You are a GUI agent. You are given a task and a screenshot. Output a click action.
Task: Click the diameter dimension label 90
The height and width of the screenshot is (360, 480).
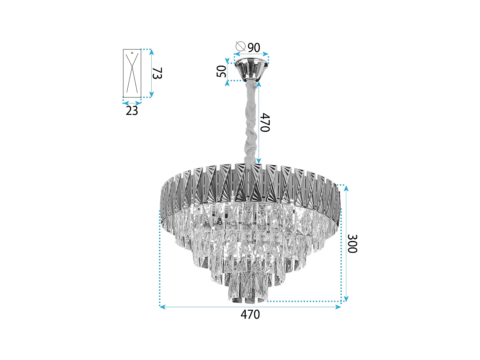(x=254, y=48)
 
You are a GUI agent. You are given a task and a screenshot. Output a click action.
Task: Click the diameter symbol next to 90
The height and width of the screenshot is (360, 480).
(x=240, y=46)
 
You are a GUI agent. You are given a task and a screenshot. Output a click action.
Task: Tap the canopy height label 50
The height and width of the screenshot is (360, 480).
(x=221, y=71)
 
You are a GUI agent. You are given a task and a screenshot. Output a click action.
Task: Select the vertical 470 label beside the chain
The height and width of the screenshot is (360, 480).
(x=265, y=122)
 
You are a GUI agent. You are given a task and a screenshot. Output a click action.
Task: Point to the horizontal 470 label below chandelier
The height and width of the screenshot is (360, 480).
(x=250, y=315)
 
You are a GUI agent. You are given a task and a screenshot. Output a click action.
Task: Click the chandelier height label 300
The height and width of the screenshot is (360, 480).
(x=352, y=244)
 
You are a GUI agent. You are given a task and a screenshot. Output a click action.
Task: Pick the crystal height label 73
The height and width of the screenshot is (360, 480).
(x=157, y=73)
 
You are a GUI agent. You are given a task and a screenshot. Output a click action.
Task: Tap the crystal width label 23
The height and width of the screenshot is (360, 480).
(x=132, y=111)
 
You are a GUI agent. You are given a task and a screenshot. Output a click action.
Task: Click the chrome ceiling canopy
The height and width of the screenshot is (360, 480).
(x=251, y=69)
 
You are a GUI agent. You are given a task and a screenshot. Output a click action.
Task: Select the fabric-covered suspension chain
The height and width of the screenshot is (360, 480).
(x=251, y=122)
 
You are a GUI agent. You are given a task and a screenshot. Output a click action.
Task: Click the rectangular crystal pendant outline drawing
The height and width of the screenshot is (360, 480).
(x=132, y=73)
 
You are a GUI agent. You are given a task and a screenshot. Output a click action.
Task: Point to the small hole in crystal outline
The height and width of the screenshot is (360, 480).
(x=132, y=53)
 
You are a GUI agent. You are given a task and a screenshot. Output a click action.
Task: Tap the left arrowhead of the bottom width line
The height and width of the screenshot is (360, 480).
(x=162, y=307)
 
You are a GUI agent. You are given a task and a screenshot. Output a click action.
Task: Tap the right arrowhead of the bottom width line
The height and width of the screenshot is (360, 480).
(x=339, y=307)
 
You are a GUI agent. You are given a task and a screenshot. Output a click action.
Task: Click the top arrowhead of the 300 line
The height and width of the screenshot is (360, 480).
(x=346, y=188)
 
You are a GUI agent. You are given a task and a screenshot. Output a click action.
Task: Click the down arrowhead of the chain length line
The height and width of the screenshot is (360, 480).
(x=259, y=161)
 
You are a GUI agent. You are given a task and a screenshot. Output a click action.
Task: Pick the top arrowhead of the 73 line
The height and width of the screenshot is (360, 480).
(x=152, y=52)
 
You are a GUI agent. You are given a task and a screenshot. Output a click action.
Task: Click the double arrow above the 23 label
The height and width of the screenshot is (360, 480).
(x=132, y=103)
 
